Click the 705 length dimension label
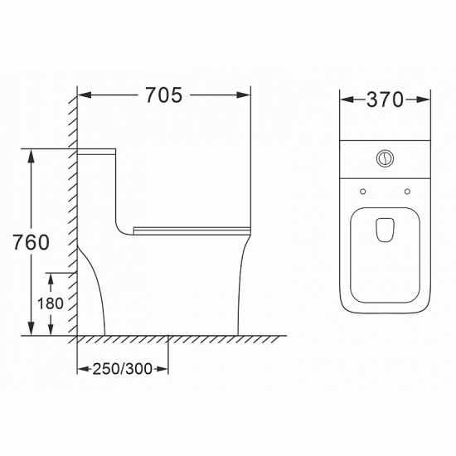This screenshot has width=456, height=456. click(164, 95)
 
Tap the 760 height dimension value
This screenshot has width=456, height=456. click(32, 242)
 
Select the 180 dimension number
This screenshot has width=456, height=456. click(51, 303)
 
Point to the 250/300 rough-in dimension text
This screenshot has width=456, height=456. click(123, 369)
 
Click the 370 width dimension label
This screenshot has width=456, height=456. click(385, 99)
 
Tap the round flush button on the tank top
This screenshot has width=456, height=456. click(385, 158)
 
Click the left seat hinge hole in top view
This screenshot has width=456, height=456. click(362, 192)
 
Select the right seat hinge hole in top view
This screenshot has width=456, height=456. click(407, 192)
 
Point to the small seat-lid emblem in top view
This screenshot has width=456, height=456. click(386, 230)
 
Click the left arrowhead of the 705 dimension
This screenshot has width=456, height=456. click(85, 95)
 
